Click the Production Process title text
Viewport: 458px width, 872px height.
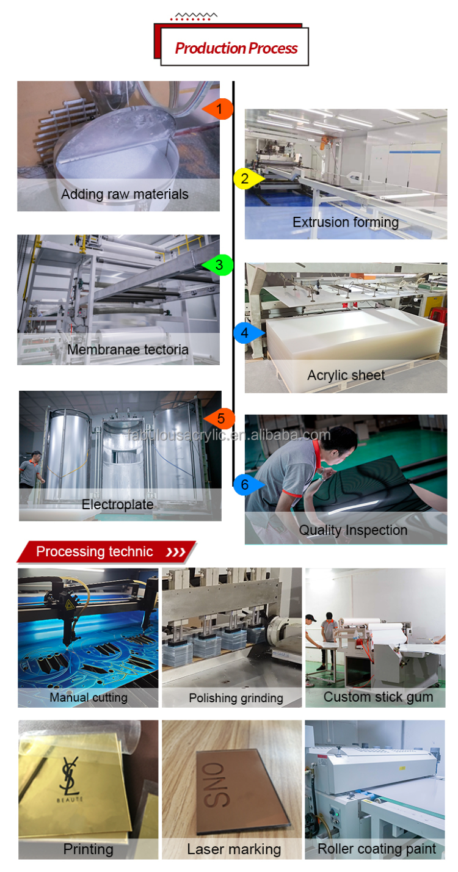[236, 48]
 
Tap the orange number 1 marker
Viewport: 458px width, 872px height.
[221, 109]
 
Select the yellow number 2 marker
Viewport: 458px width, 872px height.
[245, 178]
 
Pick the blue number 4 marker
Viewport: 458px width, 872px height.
[245, 333]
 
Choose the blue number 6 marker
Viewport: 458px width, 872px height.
[245, 485]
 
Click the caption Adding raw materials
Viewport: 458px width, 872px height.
[125, 195]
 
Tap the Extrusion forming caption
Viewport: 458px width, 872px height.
[346, 222]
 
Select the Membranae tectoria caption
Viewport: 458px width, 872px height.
[128, 349]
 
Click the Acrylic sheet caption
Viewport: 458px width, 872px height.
[346, 375]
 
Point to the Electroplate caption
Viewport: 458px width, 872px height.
[118, 504]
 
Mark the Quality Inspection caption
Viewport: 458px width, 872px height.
[353, 530]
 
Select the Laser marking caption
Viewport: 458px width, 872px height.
[234, 849]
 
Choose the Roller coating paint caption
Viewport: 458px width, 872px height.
[377, 848]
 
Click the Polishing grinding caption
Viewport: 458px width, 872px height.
[236, 697]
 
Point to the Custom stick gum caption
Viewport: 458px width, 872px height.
[378, 697]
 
